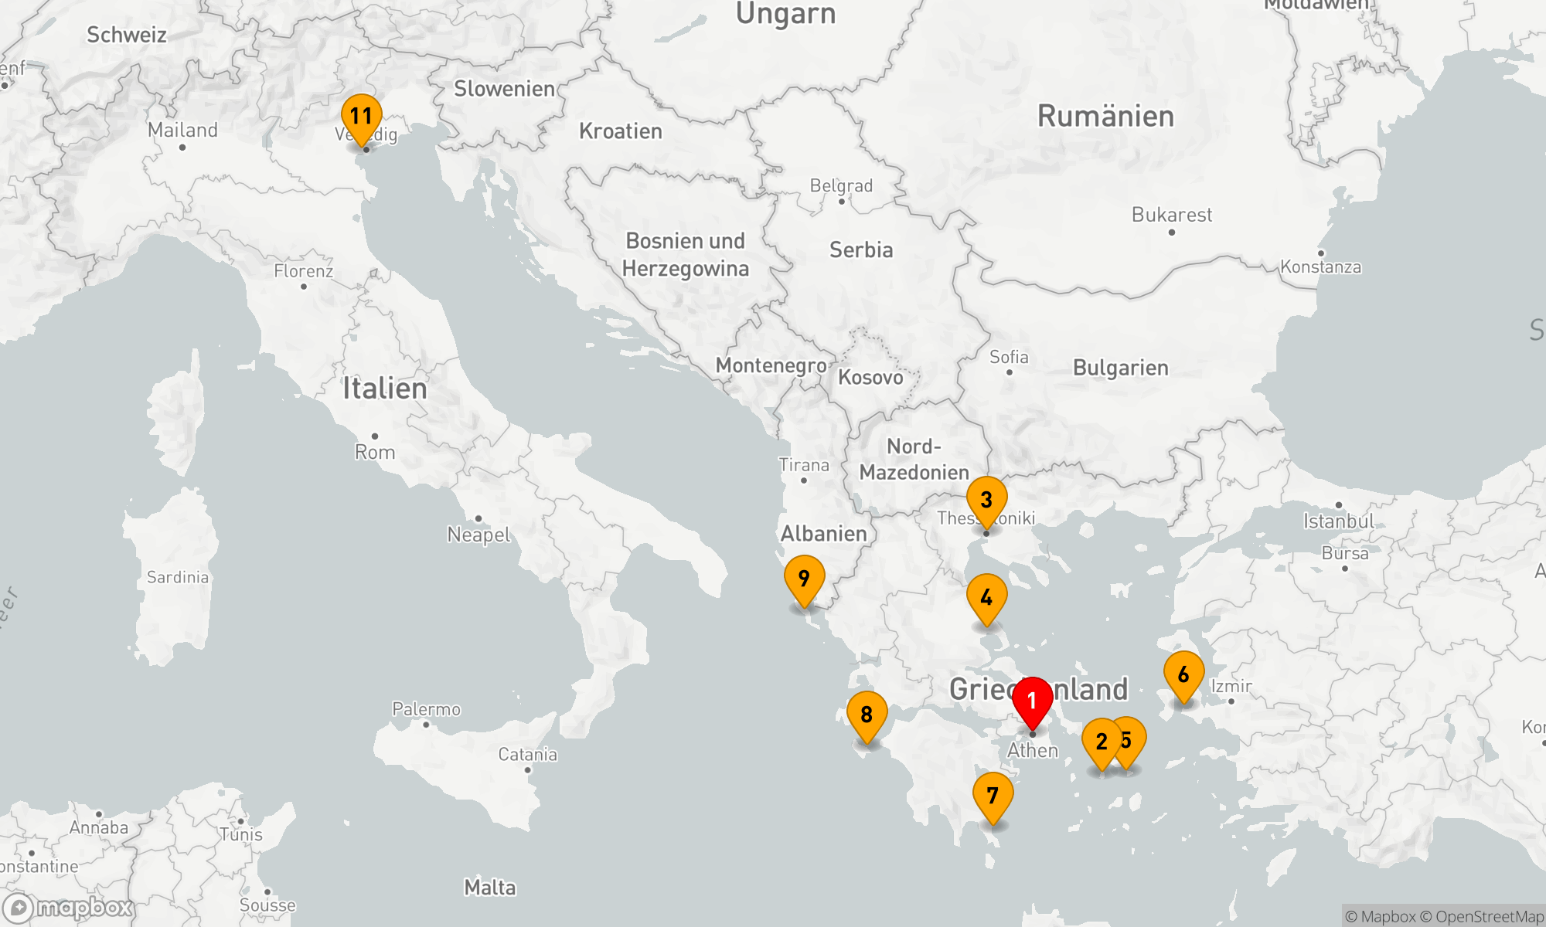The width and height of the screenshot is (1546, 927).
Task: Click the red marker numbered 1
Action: coord(1032,701)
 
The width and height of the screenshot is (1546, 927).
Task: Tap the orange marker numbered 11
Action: coord(361,117)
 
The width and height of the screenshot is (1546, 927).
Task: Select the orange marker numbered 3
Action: coord(986,500)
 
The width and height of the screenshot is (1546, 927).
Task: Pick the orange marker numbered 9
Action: coord(804,579)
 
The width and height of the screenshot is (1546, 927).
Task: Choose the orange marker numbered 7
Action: coord(993,796)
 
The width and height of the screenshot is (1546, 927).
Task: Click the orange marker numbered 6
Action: coord(1183,674)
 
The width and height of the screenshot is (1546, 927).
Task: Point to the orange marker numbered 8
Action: coord(867,715)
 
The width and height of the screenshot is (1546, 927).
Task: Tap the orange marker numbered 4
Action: coord(986,597)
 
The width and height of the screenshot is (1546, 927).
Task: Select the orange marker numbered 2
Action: coord(1102,742)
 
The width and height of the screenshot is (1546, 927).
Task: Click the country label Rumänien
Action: coord(1105,117)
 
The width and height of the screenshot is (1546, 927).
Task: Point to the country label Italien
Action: coord(385,388)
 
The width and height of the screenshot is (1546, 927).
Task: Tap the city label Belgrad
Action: coord(841,186)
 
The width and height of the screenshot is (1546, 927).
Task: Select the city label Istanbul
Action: coord(1339,521)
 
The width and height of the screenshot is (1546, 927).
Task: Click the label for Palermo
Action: coord(426,709)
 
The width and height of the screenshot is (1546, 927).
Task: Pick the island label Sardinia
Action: coord(178,577)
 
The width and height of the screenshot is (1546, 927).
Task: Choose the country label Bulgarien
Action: coord(1120,368)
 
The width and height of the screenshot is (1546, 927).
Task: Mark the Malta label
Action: coord(490,888)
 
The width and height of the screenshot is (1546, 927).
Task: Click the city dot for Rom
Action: coord(375,436)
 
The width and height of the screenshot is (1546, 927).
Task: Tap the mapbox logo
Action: coord(68,908)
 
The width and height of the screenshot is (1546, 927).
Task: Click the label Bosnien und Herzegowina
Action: coord(686,255)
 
